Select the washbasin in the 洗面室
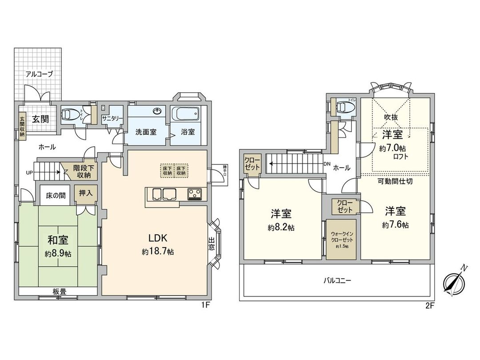pos(158,111)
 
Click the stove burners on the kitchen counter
pos(195,193)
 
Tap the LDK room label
pos(158,237)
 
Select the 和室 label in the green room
pos(58,240)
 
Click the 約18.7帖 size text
pos(158,252)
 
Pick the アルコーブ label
pos(39,74)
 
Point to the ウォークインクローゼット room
pos(341,240)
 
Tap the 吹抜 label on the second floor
pos(391,117)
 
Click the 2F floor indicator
pos(429,305)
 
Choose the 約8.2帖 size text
pos(281,228)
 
